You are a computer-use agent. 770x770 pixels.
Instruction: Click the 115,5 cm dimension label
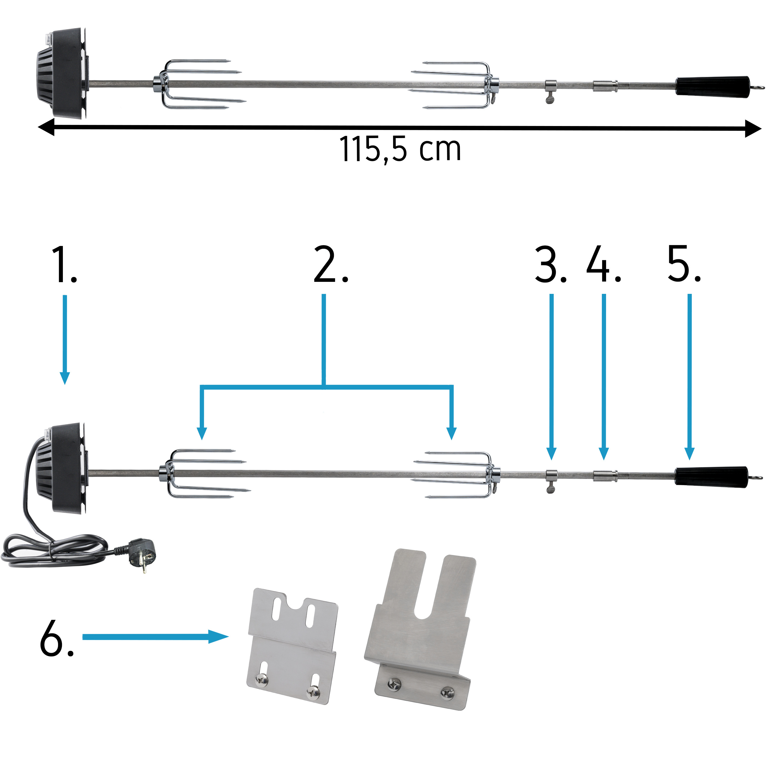coord(400,149)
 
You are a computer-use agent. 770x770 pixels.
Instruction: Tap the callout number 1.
coord(64,265)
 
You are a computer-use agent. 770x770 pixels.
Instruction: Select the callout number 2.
coord(331,265)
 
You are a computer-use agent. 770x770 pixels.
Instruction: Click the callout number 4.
coord(604,265)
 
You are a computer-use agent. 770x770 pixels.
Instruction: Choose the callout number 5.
coord(684,265)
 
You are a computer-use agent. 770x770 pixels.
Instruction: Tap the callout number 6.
coord(57,638)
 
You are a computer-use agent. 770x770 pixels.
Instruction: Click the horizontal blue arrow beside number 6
coord(156,637)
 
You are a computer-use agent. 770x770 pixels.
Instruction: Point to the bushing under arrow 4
coord(605,476)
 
